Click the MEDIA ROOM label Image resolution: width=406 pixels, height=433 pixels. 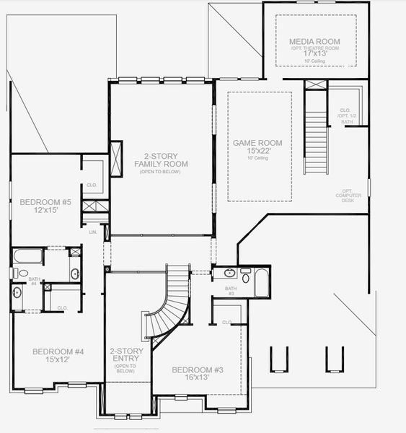(x=314, y=42)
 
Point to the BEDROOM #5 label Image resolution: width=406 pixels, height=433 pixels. (x=45, y=202)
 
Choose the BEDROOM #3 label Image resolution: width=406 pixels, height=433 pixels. (x=197, y=370)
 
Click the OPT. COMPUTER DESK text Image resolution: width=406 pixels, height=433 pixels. (x=348, y=196)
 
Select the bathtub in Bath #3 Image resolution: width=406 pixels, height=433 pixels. (x=261, y=282)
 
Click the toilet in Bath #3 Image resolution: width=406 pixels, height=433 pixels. (x=245, y=277)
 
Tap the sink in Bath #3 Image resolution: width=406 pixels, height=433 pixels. (x=229, y=273)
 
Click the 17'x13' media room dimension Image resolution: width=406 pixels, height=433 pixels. (x=314, y=52)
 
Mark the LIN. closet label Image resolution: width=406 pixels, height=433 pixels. (x=92, y=232)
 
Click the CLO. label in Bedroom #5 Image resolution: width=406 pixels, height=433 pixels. (x=92, y=184)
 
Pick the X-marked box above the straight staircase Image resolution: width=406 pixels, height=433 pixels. (x=315, y=84)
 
